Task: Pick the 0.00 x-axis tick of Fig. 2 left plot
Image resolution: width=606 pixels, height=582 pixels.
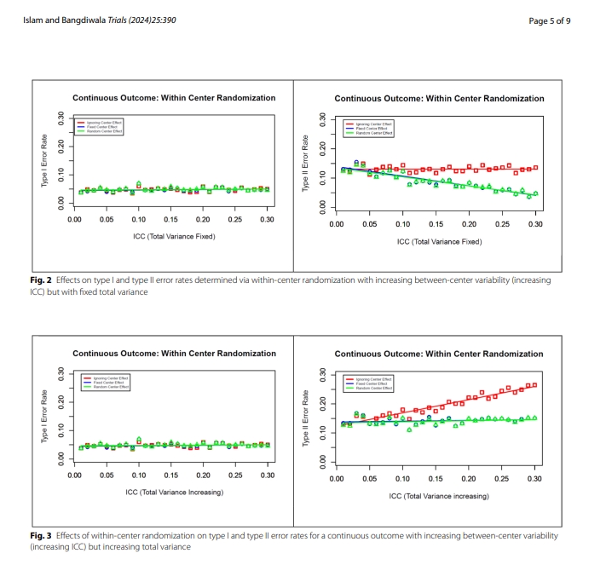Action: [75, 220]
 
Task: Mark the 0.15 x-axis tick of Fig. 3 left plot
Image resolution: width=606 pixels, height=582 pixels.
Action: [171, 476]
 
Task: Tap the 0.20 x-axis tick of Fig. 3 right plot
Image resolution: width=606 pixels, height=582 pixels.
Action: [469, 480]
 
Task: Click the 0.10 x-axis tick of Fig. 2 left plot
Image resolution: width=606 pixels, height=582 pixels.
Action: [139, 220]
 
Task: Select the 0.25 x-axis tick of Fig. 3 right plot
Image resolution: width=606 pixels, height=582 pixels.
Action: [502, 480]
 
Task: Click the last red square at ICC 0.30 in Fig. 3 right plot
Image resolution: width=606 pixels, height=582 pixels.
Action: [534, 385]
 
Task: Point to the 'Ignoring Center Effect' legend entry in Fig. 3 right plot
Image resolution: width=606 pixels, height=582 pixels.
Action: [373, 378]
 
